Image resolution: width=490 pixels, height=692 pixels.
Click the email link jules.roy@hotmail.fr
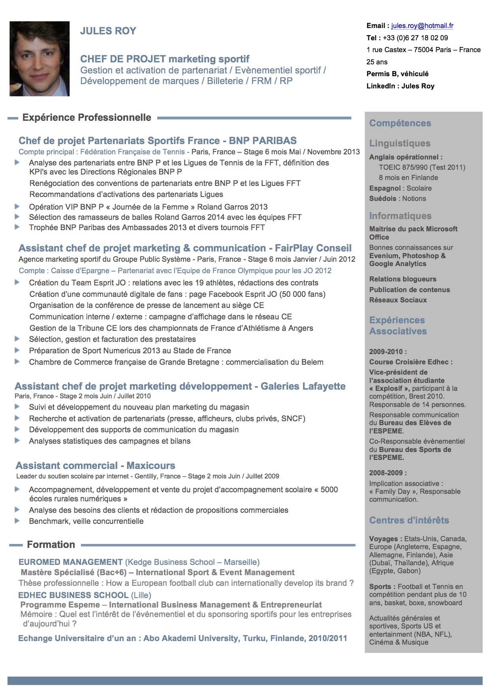(422, 26)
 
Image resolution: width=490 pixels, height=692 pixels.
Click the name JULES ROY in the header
(108, 31)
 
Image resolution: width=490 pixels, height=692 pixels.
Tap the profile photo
(40, 59)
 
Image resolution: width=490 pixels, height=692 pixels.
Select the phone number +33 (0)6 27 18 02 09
(415, 38)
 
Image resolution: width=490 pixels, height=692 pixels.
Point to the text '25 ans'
(377, 62)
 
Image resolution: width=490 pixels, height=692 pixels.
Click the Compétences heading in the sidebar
(400, 123)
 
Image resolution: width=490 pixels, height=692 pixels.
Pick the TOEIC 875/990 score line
(422, 167)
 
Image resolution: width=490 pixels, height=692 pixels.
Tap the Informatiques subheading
(400, 216)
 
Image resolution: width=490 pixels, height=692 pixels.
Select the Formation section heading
(51, 545)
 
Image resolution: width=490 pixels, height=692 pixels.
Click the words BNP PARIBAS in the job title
(263, 141)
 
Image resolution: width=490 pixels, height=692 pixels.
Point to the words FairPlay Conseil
(313, 248)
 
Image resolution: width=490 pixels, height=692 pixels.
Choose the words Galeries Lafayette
(303, 386)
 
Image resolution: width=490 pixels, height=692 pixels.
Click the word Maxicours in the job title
(151, 466)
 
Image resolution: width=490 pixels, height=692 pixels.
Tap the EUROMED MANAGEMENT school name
(71, 562)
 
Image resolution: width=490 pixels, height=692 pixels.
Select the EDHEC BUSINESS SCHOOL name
(73, 595)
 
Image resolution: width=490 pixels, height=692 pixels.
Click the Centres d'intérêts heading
(409, 520)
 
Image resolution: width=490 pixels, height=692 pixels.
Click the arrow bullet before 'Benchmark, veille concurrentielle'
(17, 521)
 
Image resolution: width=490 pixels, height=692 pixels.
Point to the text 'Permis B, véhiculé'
(397, 74)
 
